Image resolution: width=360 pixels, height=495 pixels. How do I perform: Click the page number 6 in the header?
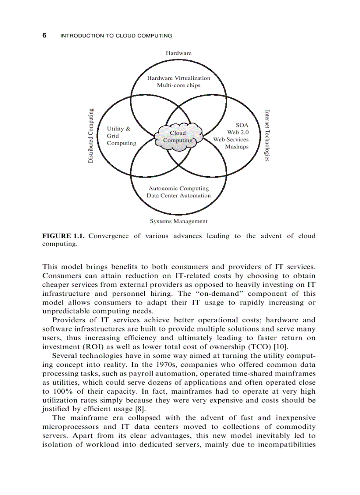click(44, 35)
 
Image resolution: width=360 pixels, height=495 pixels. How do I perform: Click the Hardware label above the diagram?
click(179, 53)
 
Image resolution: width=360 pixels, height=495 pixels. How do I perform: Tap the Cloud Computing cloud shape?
click(178, 136)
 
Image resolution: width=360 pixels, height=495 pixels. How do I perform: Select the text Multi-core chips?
click(179, 85)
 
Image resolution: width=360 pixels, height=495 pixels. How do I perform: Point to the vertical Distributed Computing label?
click(90, 136)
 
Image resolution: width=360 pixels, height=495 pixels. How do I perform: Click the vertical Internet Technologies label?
click(267, 135)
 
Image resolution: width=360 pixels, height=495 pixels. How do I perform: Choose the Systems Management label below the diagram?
click(179, 221)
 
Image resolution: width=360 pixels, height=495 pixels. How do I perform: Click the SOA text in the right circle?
click(242, 125)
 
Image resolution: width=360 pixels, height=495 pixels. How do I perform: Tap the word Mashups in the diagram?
click(237, 147)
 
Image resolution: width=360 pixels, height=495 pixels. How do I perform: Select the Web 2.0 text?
click(238, 132)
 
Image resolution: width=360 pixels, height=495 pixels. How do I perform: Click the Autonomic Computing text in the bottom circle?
click(179, 188)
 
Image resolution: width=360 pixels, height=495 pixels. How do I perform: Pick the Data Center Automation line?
click(179, 195)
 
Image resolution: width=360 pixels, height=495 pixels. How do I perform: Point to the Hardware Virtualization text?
click(179, 78)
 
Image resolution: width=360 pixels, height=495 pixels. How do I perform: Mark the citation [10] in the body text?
click(281, 347)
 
